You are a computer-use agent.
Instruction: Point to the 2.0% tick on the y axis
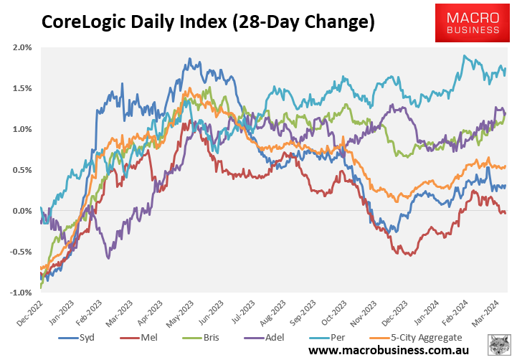tap(22, 47)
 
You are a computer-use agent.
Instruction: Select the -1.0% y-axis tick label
tap(21, 293)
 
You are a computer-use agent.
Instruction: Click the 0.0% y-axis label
tap(22, 211)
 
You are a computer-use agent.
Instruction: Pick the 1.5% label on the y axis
tap(22, 88)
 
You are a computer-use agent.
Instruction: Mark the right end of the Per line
tap(506, 69)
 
